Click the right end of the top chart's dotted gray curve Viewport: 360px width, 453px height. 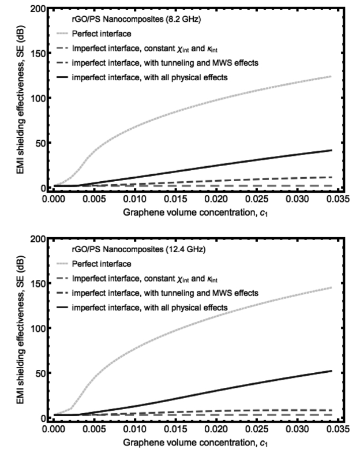[x=332, y=76]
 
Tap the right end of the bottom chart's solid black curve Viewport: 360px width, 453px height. [x=332, y=371]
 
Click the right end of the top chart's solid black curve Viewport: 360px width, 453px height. [x=332, y=150]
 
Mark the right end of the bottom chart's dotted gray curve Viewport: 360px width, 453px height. [x=332, y=287]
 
